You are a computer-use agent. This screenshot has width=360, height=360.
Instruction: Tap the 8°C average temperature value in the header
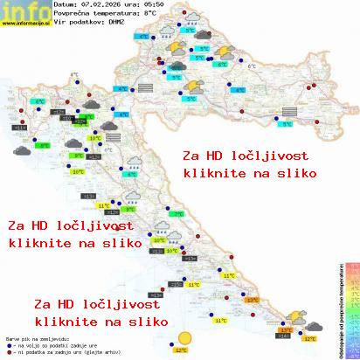coord(157,12)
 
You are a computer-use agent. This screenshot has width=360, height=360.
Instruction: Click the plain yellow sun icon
coord(183,338)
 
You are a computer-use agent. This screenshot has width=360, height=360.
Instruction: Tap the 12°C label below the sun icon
coord(181,350)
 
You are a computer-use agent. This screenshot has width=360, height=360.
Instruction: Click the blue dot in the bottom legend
coord(9,346)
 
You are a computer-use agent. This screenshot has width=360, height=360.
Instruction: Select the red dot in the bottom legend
coord(9,353)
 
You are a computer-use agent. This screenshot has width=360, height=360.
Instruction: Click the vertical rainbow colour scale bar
coord(353,310)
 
